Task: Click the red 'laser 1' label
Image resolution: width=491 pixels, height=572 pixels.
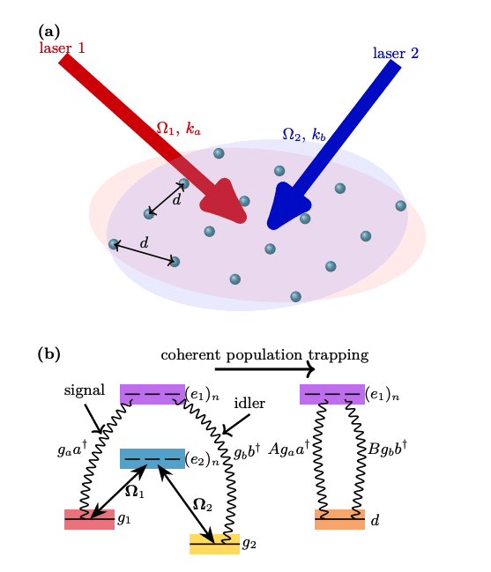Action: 62,48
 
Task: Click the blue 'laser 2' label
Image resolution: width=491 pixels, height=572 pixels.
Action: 395,53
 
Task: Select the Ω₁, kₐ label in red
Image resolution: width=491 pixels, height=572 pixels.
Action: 179,129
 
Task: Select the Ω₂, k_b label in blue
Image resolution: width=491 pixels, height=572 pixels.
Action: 304,135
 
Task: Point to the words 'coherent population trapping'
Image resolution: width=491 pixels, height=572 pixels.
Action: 264,354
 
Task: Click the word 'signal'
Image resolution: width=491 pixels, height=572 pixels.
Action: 85,390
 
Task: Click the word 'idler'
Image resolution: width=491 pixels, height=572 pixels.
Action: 249,402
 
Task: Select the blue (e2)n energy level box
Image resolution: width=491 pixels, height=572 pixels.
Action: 152,458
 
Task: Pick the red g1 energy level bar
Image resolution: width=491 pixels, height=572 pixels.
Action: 89,519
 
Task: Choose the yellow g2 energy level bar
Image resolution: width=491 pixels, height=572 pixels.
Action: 214,544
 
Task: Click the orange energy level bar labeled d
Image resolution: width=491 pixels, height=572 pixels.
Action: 339,519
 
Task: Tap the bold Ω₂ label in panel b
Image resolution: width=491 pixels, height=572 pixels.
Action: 203,505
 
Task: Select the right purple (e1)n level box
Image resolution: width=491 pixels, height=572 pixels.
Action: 331,394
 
